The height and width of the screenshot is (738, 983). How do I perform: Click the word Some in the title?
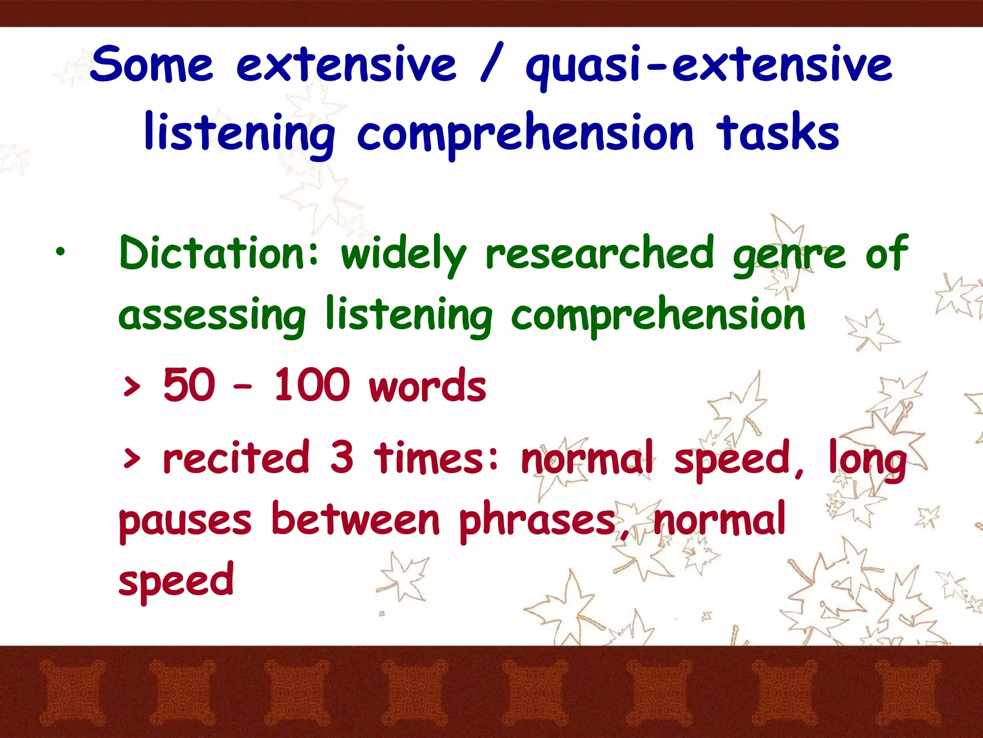[152, 64]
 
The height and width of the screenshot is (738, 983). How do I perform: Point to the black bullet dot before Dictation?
[60, 251]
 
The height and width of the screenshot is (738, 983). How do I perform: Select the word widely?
[403, 255]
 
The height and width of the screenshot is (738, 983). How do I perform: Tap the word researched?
[599, 253]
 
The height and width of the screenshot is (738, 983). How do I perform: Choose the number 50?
[189, 385]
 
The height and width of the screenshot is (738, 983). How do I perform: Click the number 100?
[311, 385]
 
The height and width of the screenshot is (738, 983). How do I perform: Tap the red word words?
[427, 387]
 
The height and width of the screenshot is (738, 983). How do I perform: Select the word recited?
[236, 457]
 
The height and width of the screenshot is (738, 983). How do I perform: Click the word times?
[436, 457]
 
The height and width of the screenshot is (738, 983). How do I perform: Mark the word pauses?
[185, 522]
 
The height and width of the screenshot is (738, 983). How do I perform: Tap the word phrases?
[538, 521]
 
